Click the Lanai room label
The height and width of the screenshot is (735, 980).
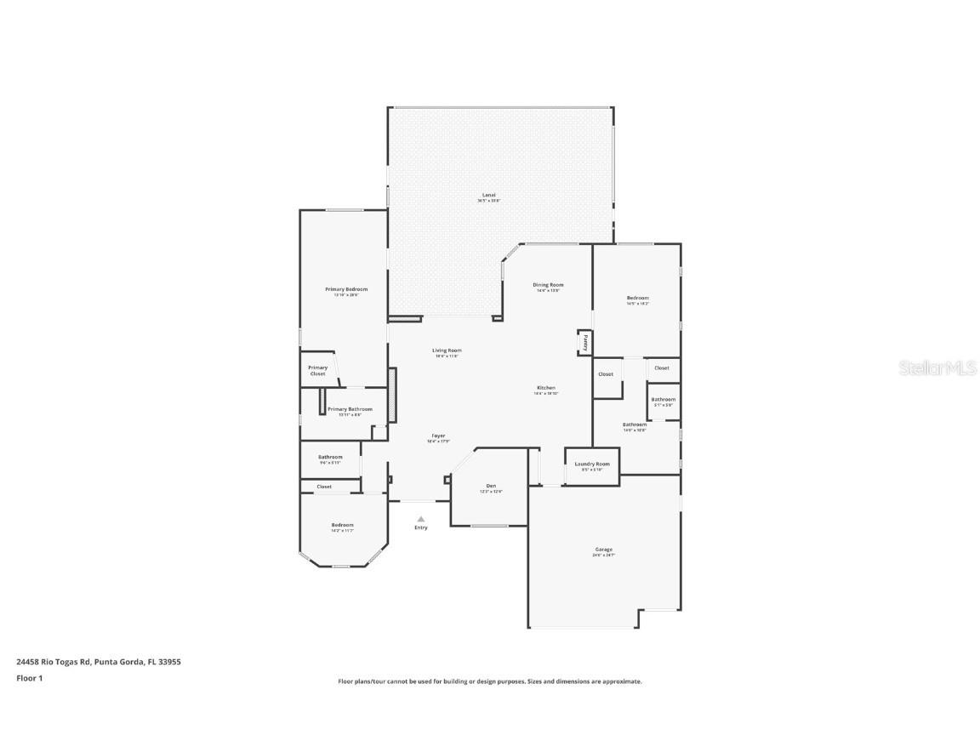coord(488,195)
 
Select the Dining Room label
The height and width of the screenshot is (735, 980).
coord(548,285)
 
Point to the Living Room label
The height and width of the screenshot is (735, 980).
coord(447,350)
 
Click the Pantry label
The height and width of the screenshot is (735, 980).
coord(585,342)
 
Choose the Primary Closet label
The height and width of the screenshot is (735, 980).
coord(317,370)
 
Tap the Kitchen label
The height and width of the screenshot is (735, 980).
coord(545,388)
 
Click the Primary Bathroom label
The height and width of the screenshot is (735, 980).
coord(350,409)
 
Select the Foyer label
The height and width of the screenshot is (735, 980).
coord(437,436)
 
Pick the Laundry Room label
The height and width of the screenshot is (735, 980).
coord(592,464)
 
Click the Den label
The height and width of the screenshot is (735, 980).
coord(491,486)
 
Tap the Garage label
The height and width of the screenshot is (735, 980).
coord(603,550)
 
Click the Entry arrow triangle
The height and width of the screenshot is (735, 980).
coord(420,518)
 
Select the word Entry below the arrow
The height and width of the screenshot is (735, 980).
coord(421,527)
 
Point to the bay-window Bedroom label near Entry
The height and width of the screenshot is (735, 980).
coord(342,525)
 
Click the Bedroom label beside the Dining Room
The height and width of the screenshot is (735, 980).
coord(637,298)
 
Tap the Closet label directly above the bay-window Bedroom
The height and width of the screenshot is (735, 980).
coord(324,487)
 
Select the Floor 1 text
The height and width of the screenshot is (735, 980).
coord(29,678)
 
